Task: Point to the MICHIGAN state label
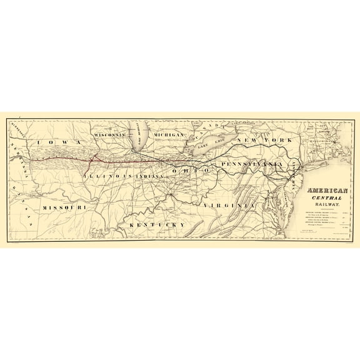coord(164,135)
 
